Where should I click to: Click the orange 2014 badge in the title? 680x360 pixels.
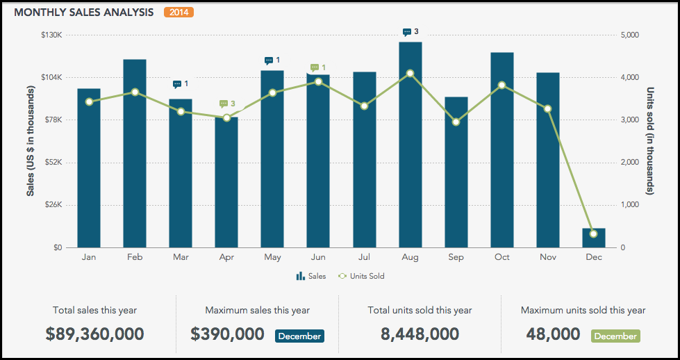179,13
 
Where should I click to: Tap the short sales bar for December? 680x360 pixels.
594,238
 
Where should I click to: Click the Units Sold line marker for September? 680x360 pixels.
456,122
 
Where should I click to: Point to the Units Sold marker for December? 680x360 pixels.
593,234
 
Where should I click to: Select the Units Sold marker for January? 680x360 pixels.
89,102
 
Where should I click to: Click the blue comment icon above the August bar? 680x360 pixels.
407,32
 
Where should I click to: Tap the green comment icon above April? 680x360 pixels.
223,104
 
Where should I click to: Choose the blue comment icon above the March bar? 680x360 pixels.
177,84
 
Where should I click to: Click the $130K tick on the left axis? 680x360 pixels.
52,35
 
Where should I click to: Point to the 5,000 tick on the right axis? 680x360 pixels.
630,35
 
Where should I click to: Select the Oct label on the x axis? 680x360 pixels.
501,257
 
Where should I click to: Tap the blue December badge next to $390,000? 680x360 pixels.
300,336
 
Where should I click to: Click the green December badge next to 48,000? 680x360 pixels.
615,336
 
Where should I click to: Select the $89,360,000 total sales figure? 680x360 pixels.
95,334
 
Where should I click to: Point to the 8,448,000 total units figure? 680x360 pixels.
420,334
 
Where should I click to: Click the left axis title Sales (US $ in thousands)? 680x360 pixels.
31,141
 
